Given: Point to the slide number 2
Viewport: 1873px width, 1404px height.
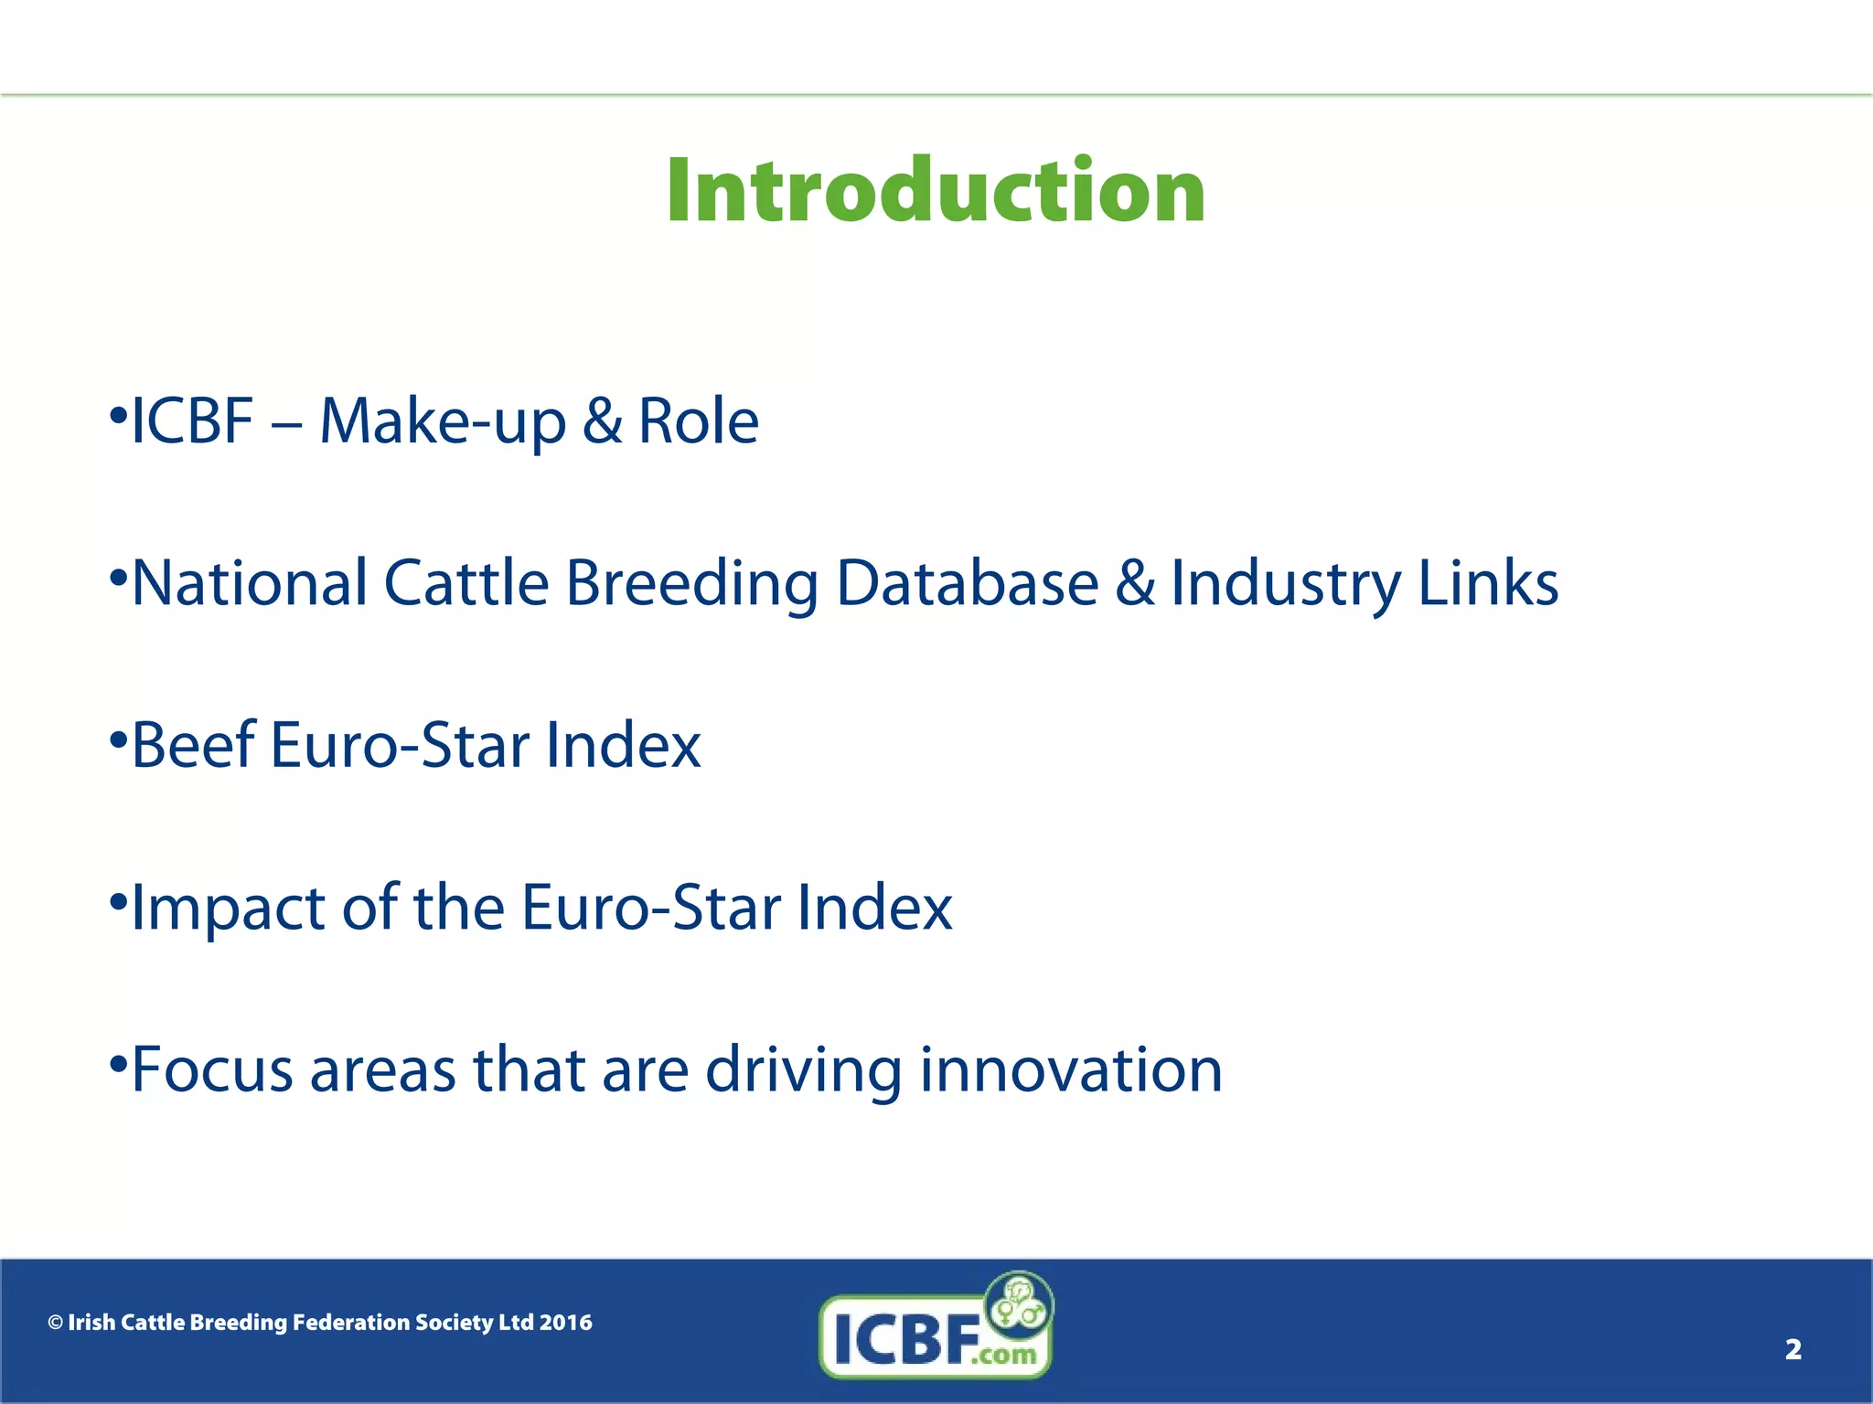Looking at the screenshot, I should click(1793, 1349).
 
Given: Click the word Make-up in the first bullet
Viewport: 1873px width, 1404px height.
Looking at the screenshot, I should click(442, 422).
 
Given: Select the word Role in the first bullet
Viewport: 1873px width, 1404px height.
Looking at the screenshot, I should click(698, 422).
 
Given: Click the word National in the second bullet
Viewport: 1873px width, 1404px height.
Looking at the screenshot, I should click(250, 583).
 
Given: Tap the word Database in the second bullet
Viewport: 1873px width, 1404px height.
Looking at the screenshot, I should click(967, 583).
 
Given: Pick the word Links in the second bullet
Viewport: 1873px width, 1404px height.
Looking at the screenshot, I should click(1488, 583).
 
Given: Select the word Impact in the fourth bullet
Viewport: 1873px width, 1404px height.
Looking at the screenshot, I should click(228, 908).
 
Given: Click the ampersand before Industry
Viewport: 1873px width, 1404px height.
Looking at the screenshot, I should click(1134, 583).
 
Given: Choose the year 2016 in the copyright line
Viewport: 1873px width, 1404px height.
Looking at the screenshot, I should click(565, 1323).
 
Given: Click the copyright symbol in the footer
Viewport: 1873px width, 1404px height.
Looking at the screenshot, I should click(56, 1323).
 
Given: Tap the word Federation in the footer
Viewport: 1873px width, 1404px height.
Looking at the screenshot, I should click(350, 1323).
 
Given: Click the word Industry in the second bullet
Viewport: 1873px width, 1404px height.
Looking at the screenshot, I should click(1286, 583).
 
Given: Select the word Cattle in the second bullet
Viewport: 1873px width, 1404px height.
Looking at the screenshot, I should click(466, 583).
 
